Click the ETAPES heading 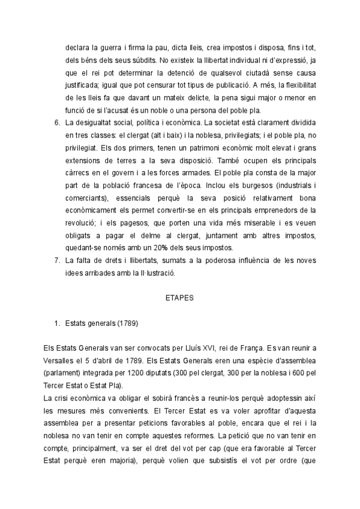pyautogui.click(x=179, y=297)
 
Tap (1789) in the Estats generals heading pyautogui.click(x=127, y=324)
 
